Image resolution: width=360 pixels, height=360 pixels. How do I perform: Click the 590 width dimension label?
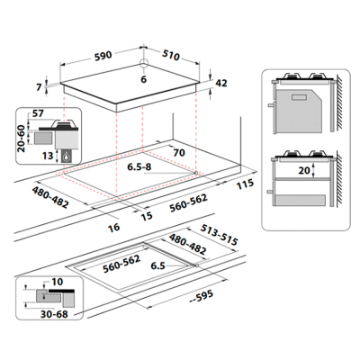(x=103, y=56)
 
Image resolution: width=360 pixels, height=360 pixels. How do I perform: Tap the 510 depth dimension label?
(x=171, y=55)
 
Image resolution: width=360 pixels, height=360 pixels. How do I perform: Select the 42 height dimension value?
(x=221, y=83)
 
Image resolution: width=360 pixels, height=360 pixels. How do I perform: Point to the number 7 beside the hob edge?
(x=39, y=87)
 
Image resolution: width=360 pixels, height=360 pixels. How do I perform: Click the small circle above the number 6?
(x=144, y=63)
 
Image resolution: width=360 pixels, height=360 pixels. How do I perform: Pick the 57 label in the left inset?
(x=38, y=113)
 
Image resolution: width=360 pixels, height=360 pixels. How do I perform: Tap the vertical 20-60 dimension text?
(x=22, y=139)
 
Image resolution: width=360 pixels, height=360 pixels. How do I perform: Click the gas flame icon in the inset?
(x=67, y=156)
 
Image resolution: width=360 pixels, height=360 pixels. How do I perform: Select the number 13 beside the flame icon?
(x=48, y=156)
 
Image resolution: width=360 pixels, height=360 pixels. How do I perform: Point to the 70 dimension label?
(x=179, y=153)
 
